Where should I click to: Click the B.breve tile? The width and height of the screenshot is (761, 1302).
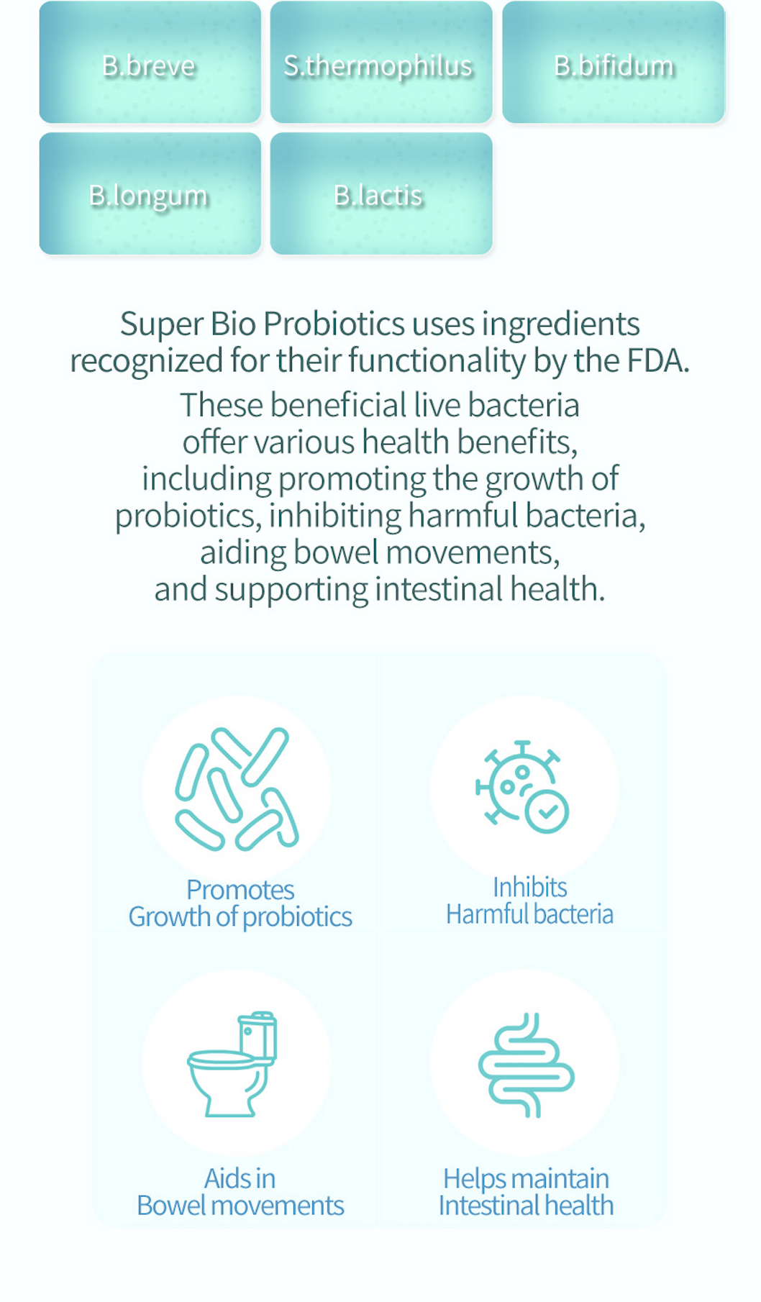click(150, 63)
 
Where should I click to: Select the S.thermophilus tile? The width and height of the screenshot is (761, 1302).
click(380, 63)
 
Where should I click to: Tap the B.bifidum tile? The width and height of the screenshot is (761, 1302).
click(613, 63)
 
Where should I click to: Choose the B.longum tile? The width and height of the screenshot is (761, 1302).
click(150, 194)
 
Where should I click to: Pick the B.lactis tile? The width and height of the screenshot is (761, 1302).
click(380, 194)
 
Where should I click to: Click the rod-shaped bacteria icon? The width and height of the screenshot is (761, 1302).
click(237, 788)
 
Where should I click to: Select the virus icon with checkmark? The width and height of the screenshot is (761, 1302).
click(522, 787)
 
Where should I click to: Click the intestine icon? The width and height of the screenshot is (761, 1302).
click(526, 1065)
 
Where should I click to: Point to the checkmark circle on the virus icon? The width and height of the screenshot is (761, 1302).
click(547, 811)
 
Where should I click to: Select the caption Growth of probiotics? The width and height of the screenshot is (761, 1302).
click(240, 917)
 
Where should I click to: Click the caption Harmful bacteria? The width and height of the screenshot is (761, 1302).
click(529, 914)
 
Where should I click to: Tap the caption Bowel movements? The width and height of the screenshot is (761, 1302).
click(240, 1206)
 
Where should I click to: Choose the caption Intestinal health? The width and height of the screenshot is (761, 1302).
click(526, 1206)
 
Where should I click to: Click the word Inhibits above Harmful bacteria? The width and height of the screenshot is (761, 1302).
click(529, 887)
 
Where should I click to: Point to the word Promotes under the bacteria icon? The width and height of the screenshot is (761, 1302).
click(240, 890)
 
